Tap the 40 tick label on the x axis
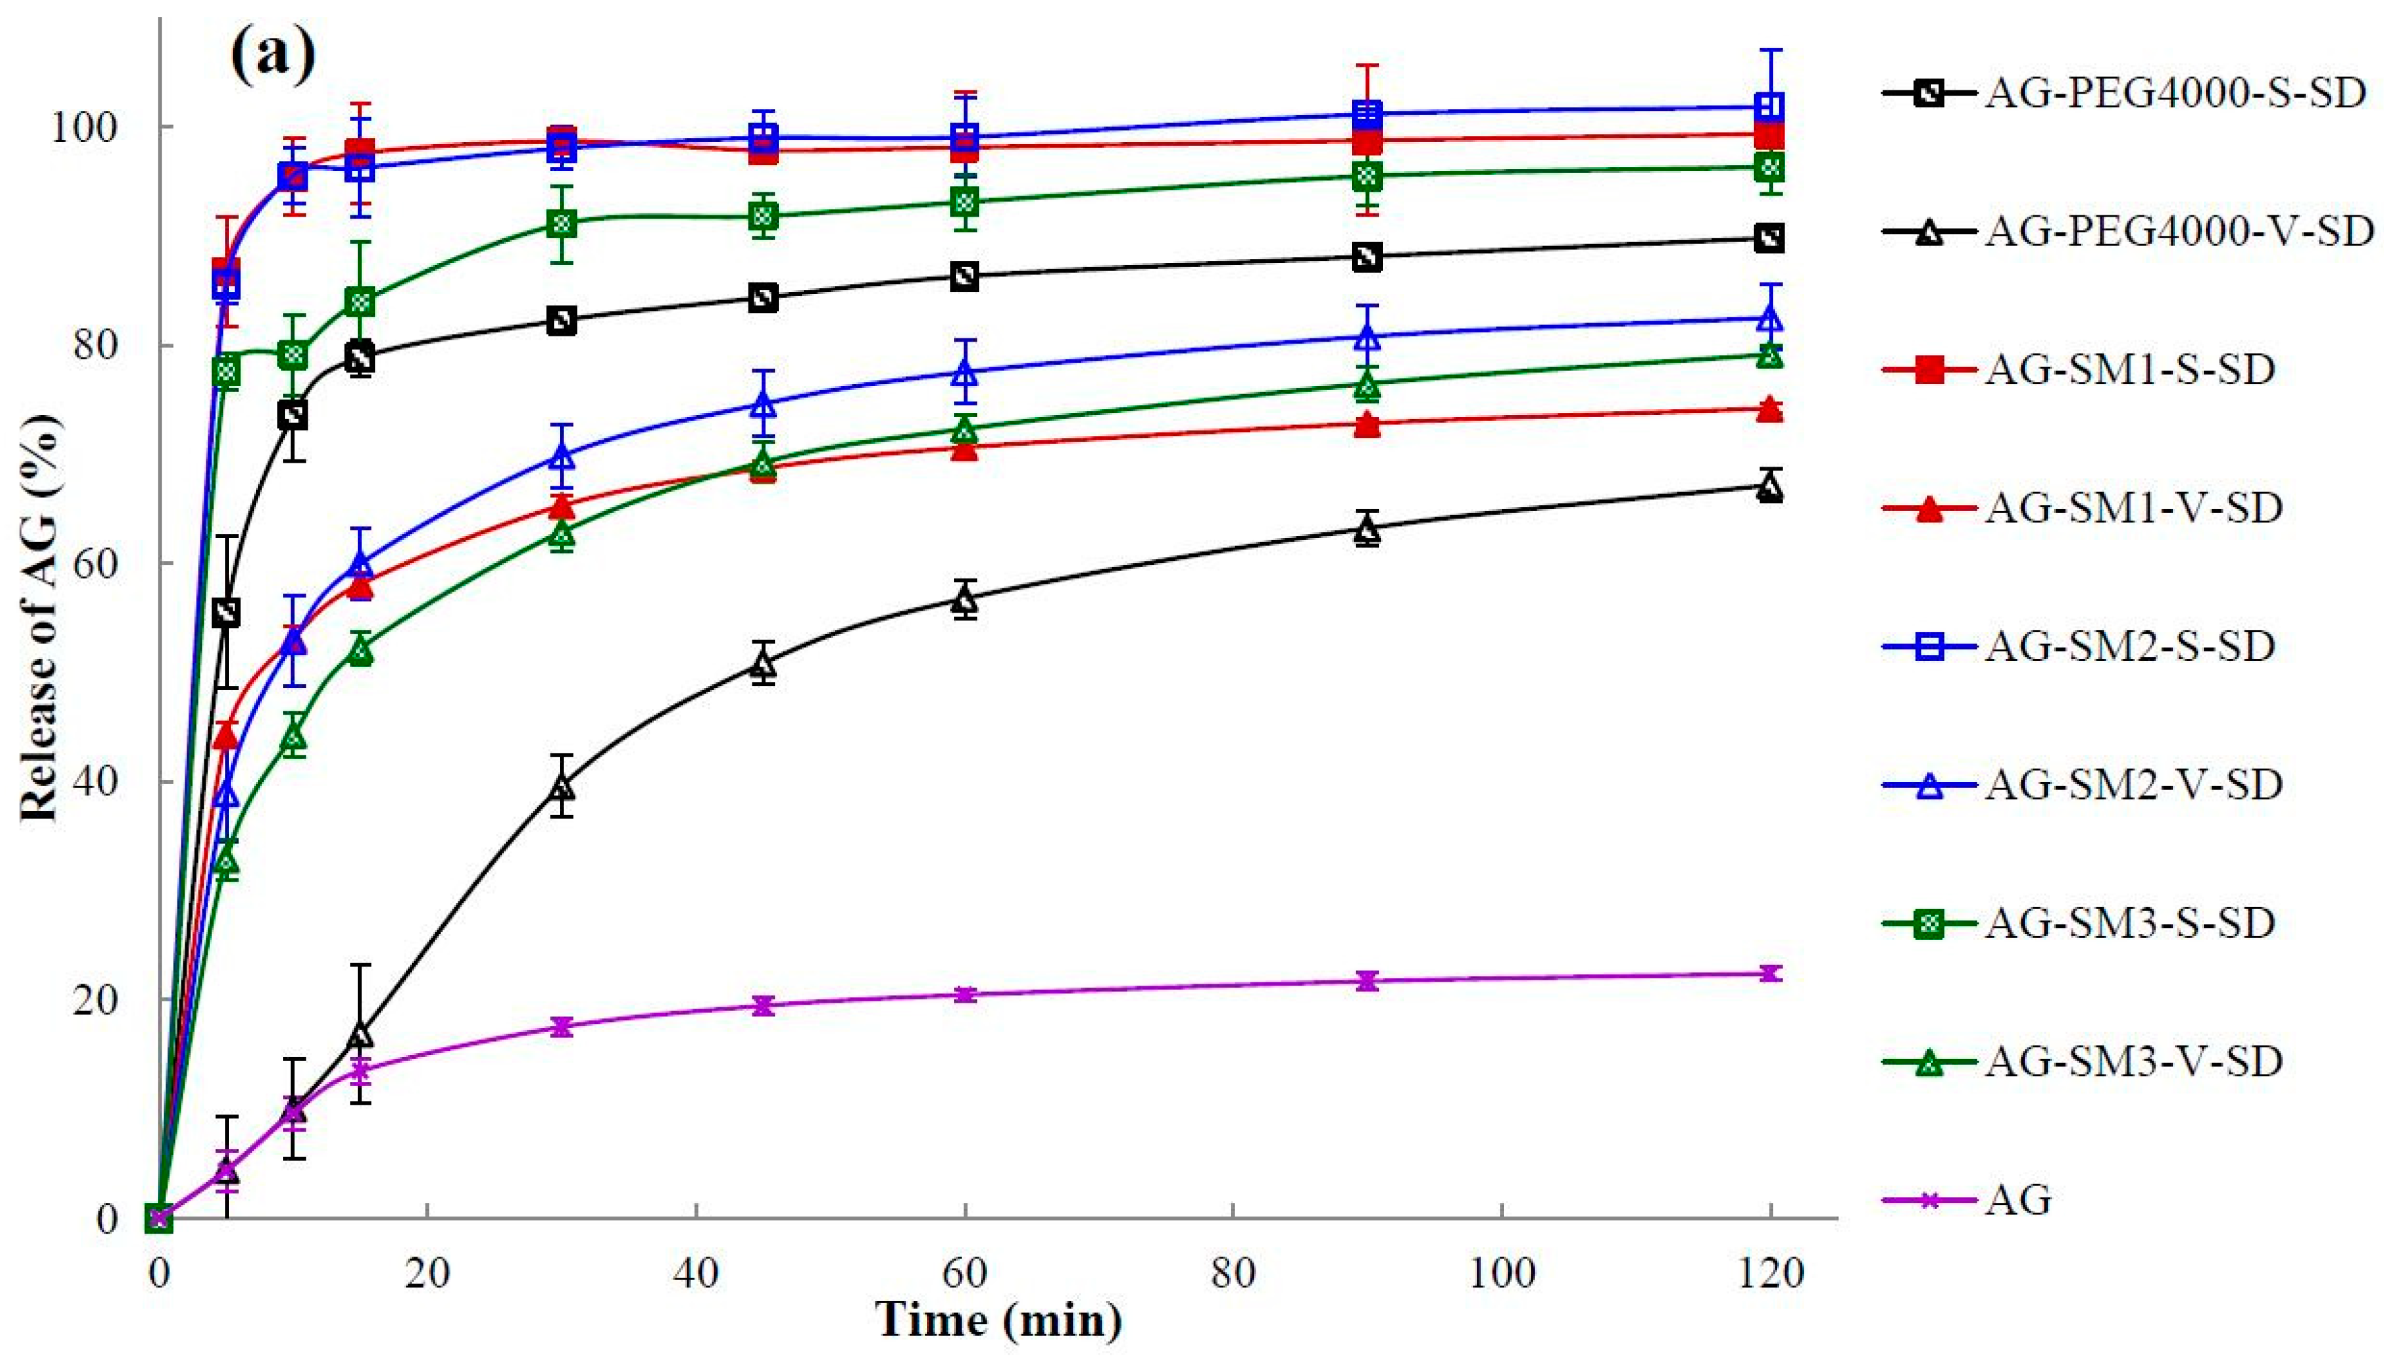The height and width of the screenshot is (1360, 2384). point(696,1273)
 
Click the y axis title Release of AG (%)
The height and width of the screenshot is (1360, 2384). point(42,617)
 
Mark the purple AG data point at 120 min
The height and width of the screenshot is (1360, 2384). point(1769,973)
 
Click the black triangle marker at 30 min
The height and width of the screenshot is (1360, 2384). point(561,787)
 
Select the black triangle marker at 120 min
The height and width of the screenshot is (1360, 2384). point(1769,488)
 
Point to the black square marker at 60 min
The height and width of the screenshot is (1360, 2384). point(965,276)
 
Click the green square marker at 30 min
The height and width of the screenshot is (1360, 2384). point(561,223)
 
